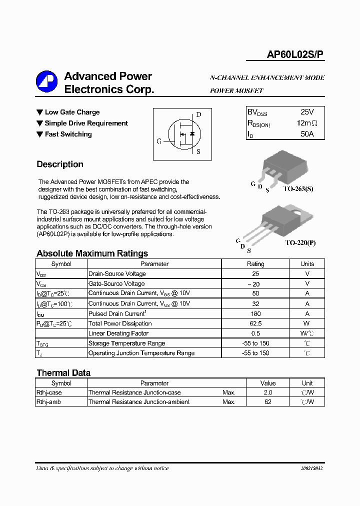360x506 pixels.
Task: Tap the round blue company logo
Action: pos(46,81)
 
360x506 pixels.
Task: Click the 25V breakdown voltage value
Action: pos(307,112)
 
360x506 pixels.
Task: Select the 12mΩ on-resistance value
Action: pos(306,123)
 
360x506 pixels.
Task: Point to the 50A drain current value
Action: pos(307,134)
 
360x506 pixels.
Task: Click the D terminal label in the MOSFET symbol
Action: pos(198,114)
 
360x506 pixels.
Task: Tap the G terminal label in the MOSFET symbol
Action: pos(159,141)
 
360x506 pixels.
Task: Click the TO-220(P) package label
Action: pos(300,242)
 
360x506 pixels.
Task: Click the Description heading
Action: pos(60,164)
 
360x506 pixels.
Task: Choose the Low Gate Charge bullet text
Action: pos(72,112)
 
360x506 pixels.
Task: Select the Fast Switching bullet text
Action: pos(68,134)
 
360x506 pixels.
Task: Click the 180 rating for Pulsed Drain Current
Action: pos(255,313)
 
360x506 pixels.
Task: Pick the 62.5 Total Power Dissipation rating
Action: pos(255,323)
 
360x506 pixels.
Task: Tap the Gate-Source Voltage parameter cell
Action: pos(116,283)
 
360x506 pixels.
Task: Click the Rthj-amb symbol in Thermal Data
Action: pos(48,401)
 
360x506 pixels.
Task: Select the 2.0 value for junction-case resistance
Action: pos(268,392)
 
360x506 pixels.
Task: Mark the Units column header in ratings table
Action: pos(307,264)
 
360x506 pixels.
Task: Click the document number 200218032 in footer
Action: pos(311,468)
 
